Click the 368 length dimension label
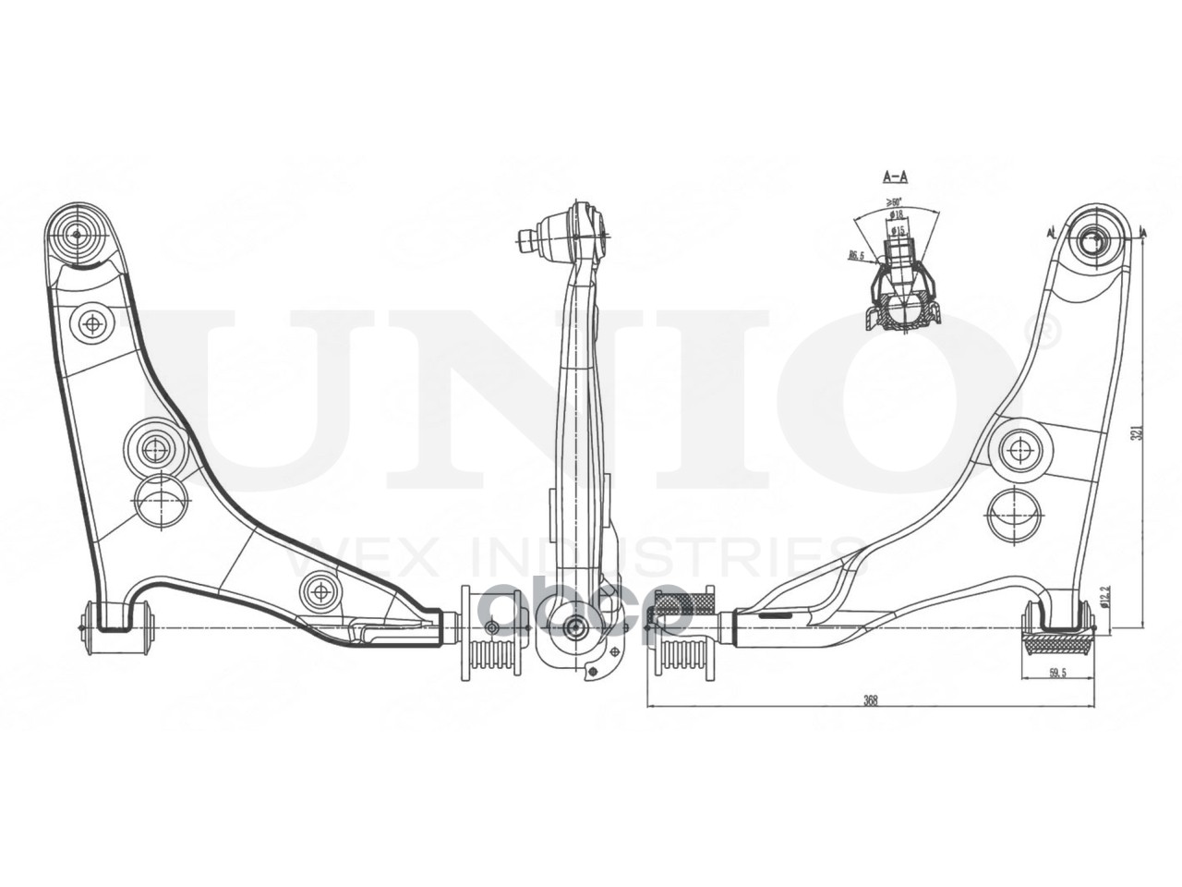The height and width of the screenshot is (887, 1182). coord(869,699)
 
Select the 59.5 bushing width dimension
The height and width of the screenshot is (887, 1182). coord(1057,674)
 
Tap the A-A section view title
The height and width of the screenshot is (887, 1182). coord(895,176)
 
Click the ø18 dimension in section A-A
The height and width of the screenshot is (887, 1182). coord(897,214)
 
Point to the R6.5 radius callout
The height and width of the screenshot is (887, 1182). coord(856,256)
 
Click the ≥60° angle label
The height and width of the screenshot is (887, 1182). coord(893,201)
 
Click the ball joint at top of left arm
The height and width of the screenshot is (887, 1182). coord(77,234)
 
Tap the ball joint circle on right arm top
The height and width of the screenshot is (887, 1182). coord(1095,242)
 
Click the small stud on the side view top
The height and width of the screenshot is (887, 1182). coord(527,240)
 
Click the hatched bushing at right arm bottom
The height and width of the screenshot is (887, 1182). coord(1056,642)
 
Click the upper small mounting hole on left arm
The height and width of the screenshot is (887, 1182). coord(92,323)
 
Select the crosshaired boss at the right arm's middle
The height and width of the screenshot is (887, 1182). coord(1020,450)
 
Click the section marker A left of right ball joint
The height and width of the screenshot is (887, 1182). coord(1051,231)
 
